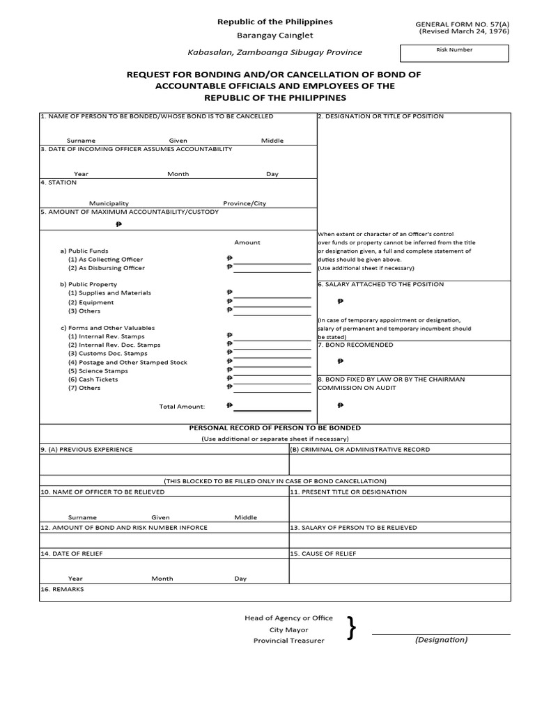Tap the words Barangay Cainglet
coord(274,36)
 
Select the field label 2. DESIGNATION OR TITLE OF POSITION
coord(380,116)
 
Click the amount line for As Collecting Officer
coord(272,260)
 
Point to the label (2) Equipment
coord(91,302)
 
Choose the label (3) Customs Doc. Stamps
coord(109,354)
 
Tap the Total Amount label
coord(182,406)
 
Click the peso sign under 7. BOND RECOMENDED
coord(340,361)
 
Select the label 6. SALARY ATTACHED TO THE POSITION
coord(380,284)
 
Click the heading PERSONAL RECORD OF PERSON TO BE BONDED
coord(275,428)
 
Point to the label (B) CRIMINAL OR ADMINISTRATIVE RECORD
coord(359,450)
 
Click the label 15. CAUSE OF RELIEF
coord(324,554)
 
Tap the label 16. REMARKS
coord(62,589)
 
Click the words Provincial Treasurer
coord(288,641)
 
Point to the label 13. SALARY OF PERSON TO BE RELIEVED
coord(353,528)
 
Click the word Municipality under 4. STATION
coord(108,203)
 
